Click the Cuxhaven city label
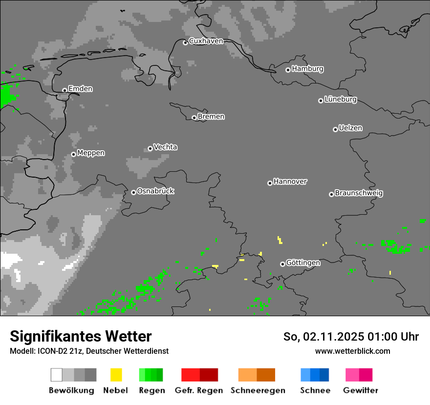206,41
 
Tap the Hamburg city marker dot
288,70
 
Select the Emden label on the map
80,89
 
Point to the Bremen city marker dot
194,118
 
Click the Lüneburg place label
340,100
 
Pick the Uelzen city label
350,128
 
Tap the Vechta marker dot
150,148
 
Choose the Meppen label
91,153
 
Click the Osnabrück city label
155,191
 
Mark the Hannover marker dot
270,183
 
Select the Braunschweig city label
359,193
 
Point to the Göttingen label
303,263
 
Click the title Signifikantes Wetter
81,336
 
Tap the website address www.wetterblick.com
352,351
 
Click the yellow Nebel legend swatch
116,375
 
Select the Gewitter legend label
360,390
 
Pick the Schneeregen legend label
258,390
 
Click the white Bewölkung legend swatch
57,375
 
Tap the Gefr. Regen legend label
198,390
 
